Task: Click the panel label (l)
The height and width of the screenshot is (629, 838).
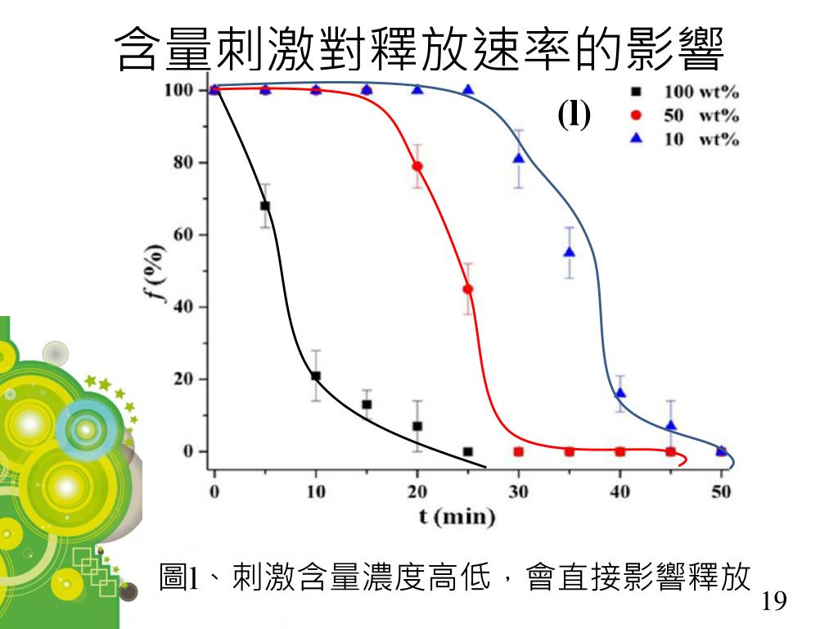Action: point(574,115)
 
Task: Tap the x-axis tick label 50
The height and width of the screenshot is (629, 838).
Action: point(721,491)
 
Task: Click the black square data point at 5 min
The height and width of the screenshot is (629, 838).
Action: point(265,206)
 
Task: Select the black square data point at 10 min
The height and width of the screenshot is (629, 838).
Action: point(316,376)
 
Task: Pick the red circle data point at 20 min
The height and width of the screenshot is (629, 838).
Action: point(417,166)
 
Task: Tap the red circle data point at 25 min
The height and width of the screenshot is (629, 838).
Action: point(468,289)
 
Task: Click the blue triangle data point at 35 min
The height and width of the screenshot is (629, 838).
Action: point(570,252)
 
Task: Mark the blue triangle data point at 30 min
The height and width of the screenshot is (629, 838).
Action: point(519,158)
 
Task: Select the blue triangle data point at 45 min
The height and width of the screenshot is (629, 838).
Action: point(671,425)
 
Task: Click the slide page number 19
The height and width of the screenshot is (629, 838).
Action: point(773,602)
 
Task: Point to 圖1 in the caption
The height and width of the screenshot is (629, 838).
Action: point(179,578)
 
